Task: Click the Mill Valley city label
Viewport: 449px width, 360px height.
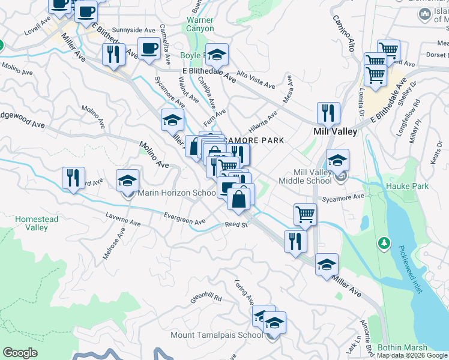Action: coord(336,131)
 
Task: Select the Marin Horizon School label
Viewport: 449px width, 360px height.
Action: coord(176,193)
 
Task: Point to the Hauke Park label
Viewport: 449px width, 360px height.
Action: coord(407,186)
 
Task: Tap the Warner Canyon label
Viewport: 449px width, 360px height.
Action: coord(200,24)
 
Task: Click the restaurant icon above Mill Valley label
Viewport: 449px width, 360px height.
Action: coord(328,113)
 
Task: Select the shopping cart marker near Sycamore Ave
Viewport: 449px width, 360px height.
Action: coord(305,214)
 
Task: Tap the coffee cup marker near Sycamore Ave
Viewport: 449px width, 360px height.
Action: coord(149,49)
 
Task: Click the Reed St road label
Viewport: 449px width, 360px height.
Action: coord(236,225)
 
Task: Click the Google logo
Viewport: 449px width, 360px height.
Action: coord(20,353)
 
